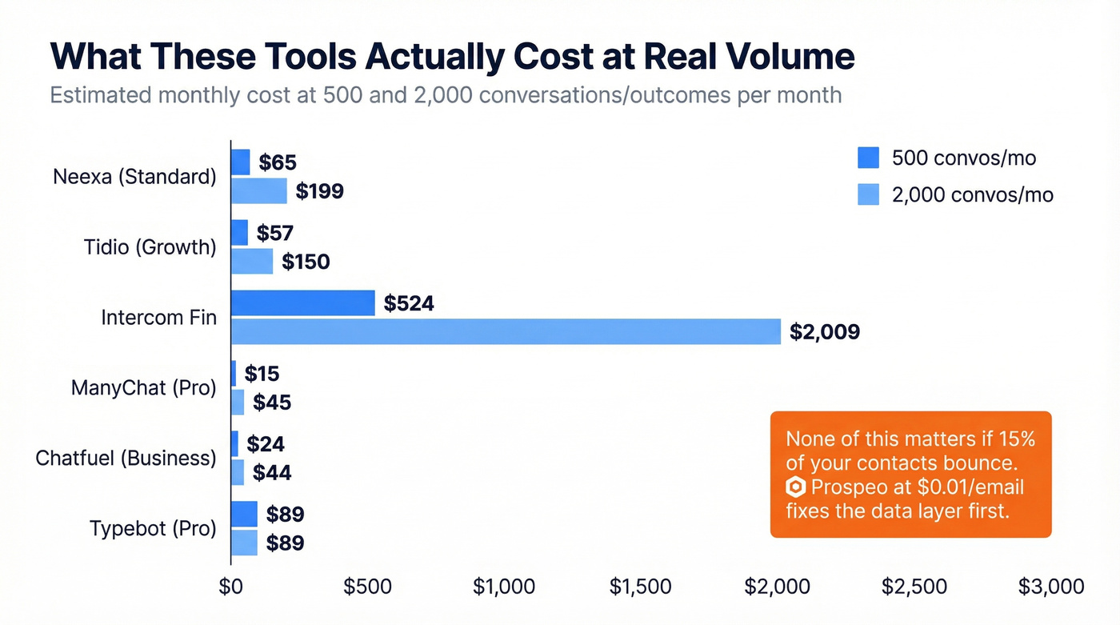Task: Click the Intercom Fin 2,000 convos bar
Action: coord(506,331)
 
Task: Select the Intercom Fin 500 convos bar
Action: coord(303,303)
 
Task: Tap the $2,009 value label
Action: coord(824,332)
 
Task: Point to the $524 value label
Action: coord(409,304)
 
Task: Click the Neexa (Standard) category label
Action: coord(134,177)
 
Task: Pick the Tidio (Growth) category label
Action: coord(150,247)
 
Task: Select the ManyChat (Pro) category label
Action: coord(143,388)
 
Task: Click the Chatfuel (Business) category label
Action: coord(126,458)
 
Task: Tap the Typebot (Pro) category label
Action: coord(153,528)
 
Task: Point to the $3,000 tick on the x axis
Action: coord(1050,587)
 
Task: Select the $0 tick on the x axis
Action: coord(230,587)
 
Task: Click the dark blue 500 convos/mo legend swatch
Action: coord(868,158)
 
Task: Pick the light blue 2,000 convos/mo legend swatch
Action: coord(868,194)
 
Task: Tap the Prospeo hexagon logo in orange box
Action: coord(795,487)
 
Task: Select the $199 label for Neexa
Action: coord(319,191)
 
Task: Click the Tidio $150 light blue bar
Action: coord(252,262)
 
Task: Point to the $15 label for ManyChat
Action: coord(261,374)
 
